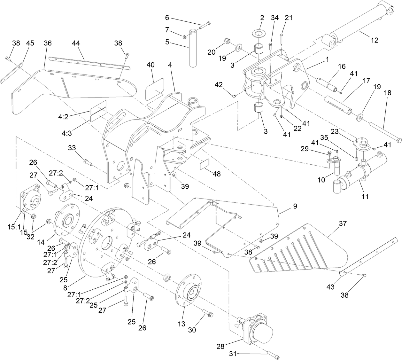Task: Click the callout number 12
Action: [x=375, y=40]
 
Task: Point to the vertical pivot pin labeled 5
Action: [x=193, y=48]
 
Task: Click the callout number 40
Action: [x=151, y=65]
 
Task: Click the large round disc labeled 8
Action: [x=105, y=243]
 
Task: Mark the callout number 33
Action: [x=72, y=147]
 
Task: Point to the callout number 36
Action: [x=48, y=43]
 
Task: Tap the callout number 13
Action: [x=182, y=324]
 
